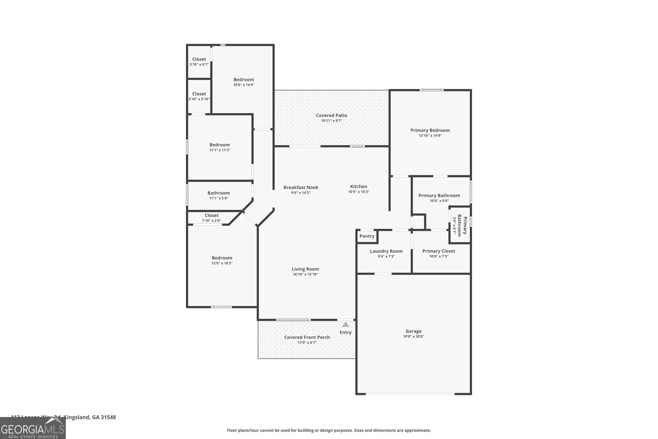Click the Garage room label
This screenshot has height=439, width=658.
pos(413,331)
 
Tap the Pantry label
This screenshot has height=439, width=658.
pos(367,236)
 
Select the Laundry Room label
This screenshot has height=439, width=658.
pos(386,251)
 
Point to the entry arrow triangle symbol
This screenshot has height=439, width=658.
pos(345,325)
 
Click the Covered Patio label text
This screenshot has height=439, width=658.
pos(331,116)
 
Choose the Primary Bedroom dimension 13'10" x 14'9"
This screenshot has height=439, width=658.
pos(430,135)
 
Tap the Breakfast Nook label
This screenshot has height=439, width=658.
pos(301,187)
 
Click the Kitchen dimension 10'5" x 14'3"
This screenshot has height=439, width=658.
pos(359,192)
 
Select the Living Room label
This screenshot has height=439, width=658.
pos(306,269)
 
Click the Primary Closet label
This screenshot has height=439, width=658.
pos(438,251)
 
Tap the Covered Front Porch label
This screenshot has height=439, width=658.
pos(307,337)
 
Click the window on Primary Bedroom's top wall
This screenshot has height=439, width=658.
pos(431,90)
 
